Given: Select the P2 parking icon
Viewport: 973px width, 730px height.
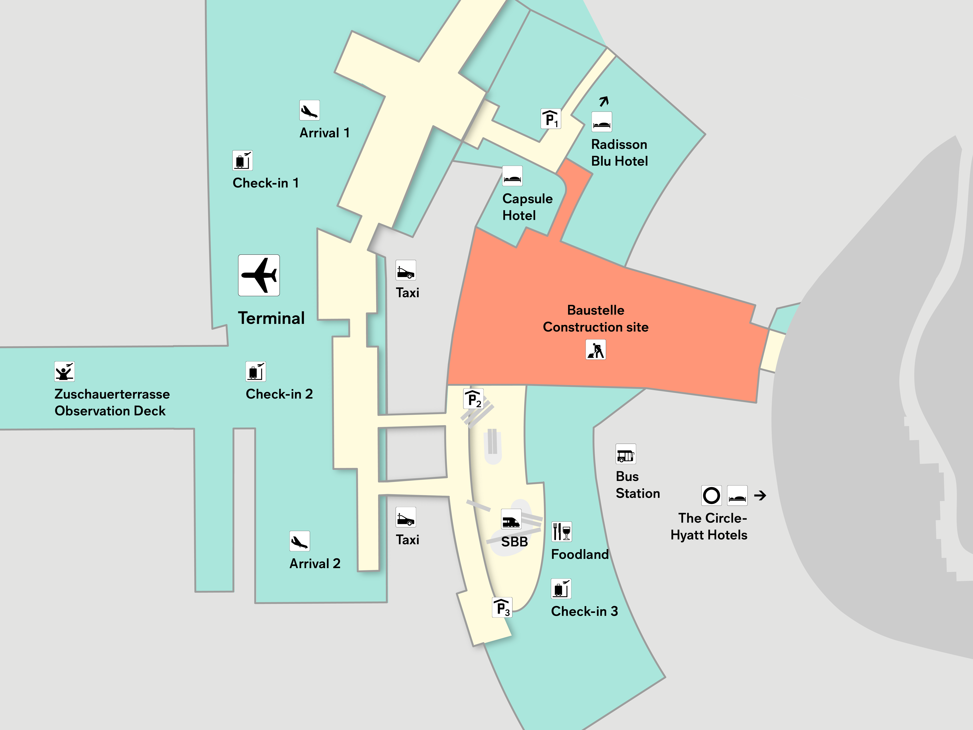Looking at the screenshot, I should click(473, 399).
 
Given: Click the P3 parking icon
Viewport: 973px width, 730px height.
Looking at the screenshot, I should click(502, 608).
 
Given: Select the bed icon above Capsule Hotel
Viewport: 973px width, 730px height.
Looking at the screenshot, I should click(513, 176).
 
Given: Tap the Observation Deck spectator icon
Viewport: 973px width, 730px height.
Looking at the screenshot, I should click(64, 371).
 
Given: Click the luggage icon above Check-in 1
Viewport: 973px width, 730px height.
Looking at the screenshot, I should click(242, 160).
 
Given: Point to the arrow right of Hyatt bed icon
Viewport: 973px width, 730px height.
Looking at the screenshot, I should click(760, 495).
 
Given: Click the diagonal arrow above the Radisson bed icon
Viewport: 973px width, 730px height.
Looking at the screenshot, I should click(604, 101).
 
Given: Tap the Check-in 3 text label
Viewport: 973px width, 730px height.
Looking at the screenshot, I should click(584, 611).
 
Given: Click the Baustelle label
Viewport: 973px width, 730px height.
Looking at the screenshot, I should click(596, 310).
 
